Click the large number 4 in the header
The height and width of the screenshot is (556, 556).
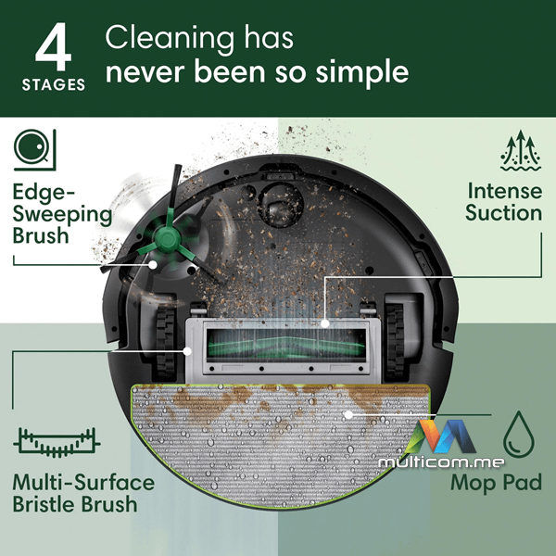[x=54, y=47]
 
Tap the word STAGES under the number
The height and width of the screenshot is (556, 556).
[x=54, y=84]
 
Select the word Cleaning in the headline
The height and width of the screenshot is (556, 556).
[x=170, y=38]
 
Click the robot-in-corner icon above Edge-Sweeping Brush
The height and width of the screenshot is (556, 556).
[x=35, y=149]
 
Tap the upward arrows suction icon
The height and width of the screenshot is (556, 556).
[x=521, y=150]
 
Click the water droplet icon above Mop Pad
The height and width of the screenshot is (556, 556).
[x=519, y=435]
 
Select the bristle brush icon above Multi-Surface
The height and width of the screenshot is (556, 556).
[x=57, y=442]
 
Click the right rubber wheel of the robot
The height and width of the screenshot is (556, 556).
[x=395, y=340]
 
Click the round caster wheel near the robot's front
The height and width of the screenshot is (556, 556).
[x=280, y=205]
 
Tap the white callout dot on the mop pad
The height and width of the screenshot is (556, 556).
[x=348, y=414]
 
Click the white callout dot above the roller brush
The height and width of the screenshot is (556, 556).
[x=325, y=323]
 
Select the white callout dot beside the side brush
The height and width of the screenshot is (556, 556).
[x=153, y=264]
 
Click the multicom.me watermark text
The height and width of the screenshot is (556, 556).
[x=441, y=462]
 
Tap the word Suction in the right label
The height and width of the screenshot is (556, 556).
[x=503, y=213]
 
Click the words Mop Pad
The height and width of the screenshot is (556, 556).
[x=496, y=483]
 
